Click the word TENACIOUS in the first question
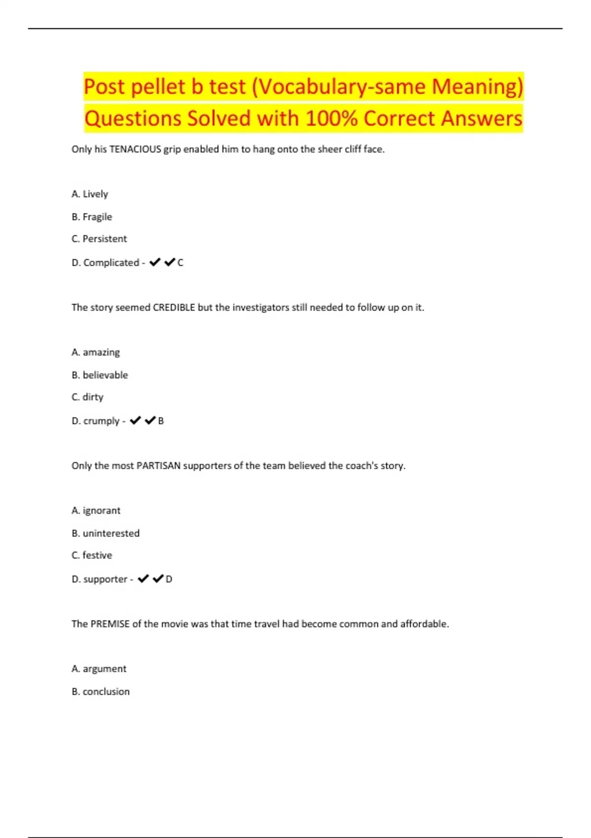click(135, 149)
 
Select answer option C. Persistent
click(99, 239)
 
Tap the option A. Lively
click(90, 194)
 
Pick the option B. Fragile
click(92, 217)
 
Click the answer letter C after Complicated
click(180, 263)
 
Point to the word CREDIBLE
click(174, 308)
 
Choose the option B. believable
click(100, 375)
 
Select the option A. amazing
click(96, 352)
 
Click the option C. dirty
click(88, 397)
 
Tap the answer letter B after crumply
click(161, 421)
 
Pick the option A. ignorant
click(96, 511)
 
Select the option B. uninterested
click(106, 533)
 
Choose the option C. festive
click(92, 556)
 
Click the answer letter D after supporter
click(169, 579)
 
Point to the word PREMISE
click(110, 624)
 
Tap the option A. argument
click(99, 669)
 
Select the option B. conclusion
click(101, 692)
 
